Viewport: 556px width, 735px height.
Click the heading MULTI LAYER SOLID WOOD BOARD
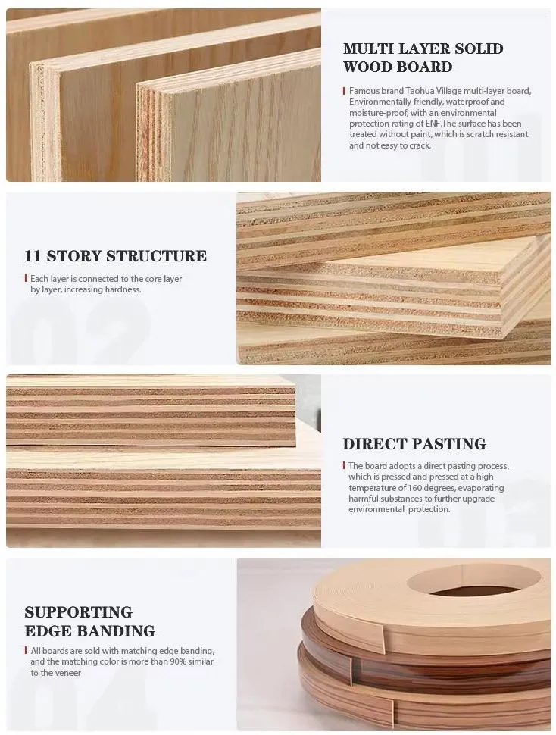(x=423, y=58)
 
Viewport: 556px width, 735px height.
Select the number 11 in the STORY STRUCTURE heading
(x=33, y=256)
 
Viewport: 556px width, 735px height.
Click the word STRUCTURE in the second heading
(x=157, y=256)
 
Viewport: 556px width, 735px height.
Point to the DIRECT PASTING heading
(x=414, y=444)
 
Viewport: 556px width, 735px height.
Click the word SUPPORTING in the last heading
(x=79, y=612)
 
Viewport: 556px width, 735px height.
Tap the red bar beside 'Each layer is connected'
(x=25, y=278)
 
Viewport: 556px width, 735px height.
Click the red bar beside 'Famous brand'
(x=344, y=91)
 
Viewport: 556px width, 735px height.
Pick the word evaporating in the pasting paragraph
(x=485, y=488)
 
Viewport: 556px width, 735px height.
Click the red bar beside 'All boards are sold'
(x=26, y=651)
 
